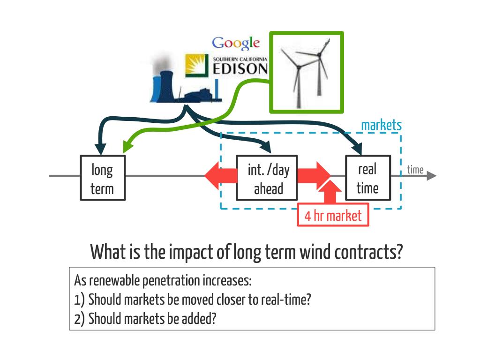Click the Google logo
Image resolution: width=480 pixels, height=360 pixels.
tap(236, 43)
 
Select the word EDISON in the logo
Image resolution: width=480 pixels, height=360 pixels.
tap(240, 69)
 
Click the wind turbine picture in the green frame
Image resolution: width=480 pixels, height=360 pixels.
tap(307, 72)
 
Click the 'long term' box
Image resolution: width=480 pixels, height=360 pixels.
tap(102, 178)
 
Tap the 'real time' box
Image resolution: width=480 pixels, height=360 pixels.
tap(367, 178)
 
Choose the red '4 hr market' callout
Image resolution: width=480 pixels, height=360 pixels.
tap(333, 216)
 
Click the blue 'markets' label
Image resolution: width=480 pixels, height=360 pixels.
tap(381, 125)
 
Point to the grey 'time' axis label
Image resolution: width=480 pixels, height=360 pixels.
tap(415, 170)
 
